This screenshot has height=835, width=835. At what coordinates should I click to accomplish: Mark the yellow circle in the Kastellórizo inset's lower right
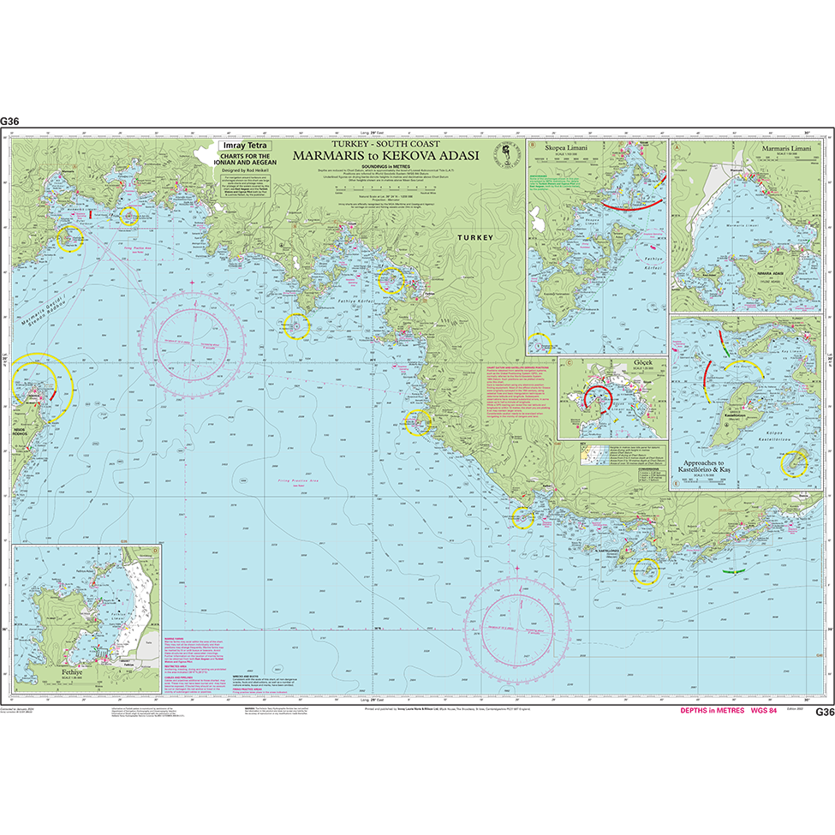(796, 463)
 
